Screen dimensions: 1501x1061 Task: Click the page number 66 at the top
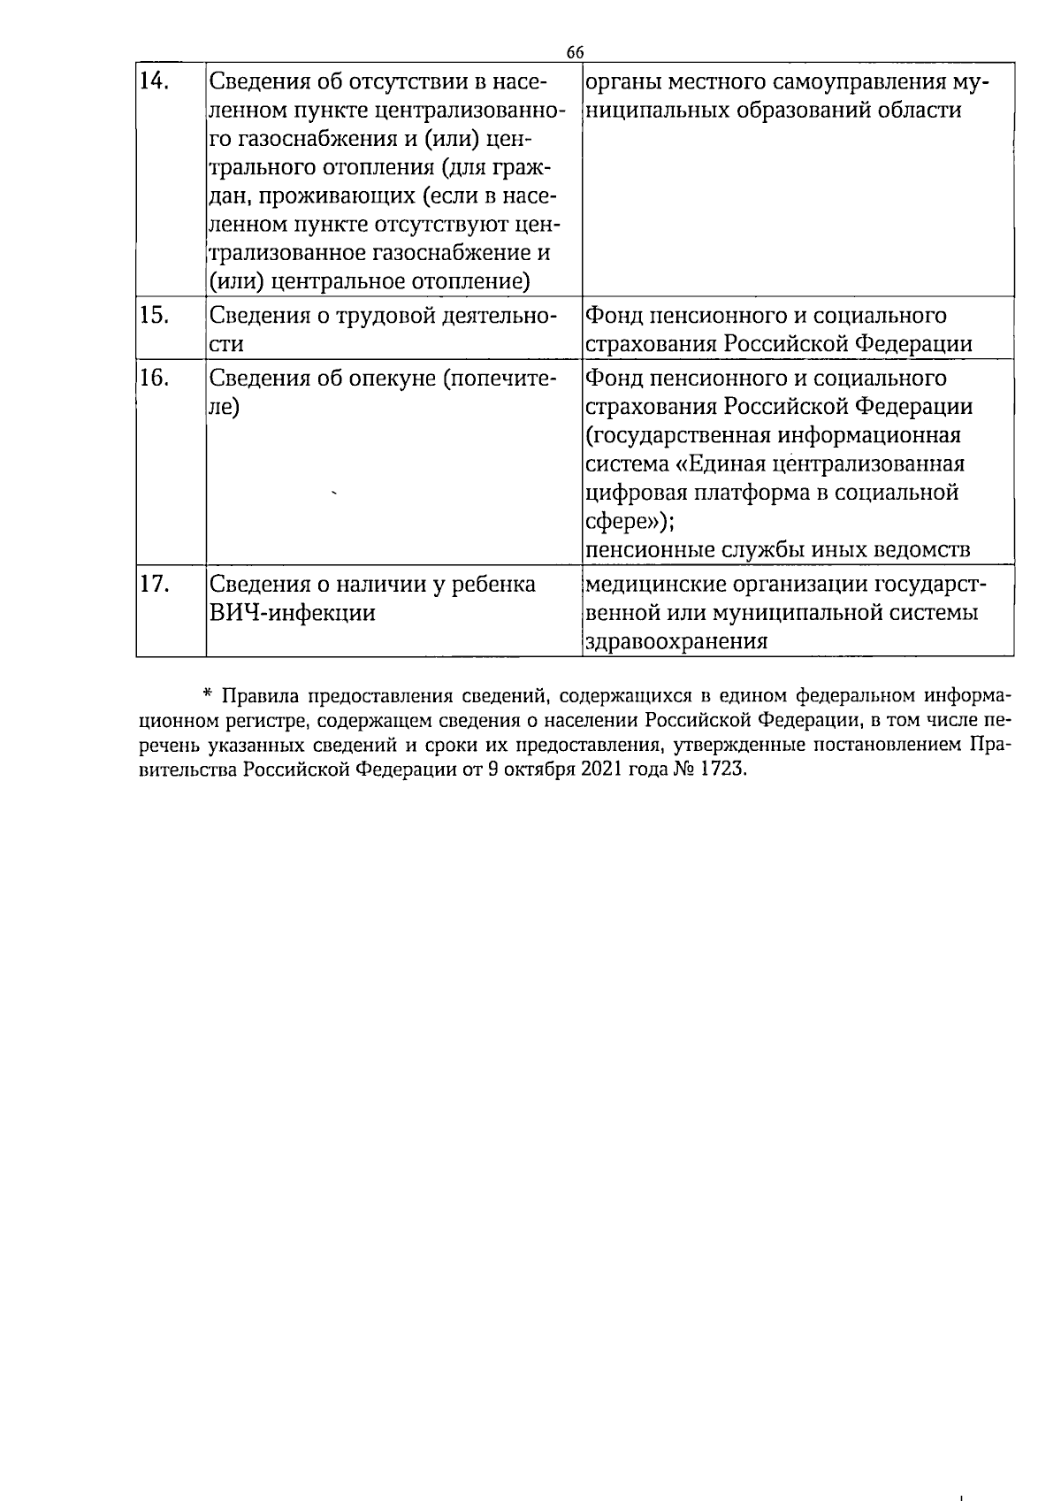[575, 52]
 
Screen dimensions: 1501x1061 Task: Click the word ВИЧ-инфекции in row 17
[292, 613]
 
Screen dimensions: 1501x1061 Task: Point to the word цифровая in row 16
[637, 493]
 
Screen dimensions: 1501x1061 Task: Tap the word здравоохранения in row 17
[676, 641]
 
